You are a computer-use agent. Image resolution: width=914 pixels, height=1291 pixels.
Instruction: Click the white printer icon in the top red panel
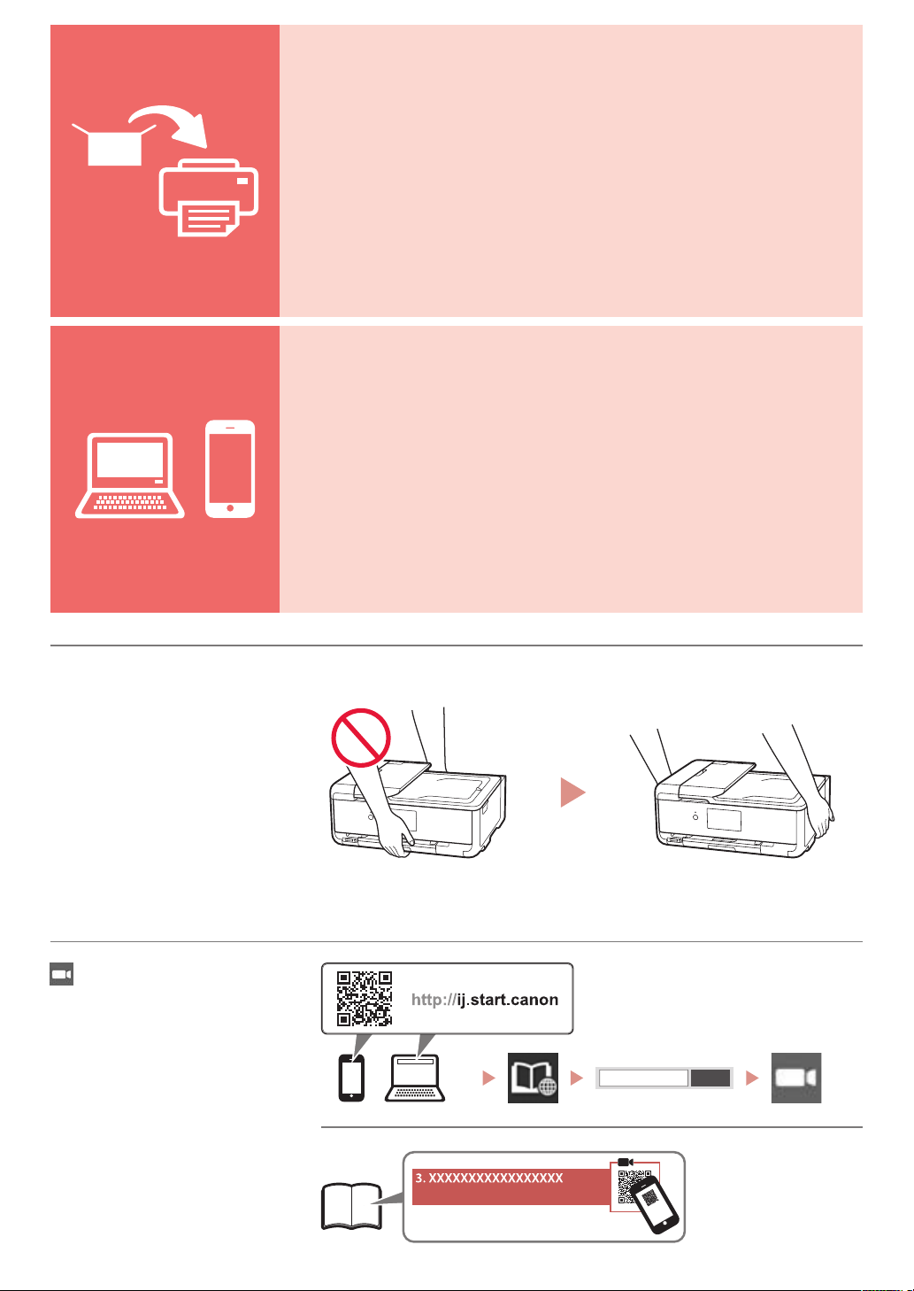tap(209, 197)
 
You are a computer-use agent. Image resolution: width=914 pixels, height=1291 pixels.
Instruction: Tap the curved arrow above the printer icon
tap(168, 125)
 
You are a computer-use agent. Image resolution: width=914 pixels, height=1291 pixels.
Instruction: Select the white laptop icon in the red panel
tap(129, 475)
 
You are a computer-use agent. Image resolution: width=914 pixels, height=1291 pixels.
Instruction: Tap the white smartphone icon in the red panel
tap(230, 468)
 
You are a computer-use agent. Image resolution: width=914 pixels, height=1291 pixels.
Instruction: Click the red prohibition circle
tap(361, 738)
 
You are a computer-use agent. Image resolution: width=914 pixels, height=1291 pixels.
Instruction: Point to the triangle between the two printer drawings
tap(572, 792)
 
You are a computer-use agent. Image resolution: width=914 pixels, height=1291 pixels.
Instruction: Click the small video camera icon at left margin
tap(62, 974)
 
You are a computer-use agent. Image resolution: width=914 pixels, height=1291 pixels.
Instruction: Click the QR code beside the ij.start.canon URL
tap(365, 999)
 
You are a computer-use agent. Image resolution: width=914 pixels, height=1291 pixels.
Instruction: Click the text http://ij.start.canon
tap(485, 1000)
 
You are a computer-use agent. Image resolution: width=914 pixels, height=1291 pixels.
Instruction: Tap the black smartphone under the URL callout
tap(351, 1078)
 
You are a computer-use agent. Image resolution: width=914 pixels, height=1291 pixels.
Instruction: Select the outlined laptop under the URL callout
tap(415, 1078)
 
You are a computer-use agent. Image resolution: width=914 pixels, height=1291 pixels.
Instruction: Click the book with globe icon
tap(533, 1078)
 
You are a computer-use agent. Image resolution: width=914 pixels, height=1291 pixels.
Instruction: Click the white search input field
tap(643, 1078)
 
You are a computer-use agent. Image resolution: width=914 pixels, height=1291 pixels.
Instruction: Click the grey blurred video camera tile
tap(796, 1078)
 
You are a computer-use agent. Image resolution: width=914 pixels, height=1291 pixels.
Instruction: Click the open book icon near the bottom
tap(351, 1206)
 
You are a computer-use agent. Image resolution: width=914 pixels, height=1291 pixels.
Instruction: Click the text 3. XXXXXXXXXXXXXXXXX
tap(489, 1178)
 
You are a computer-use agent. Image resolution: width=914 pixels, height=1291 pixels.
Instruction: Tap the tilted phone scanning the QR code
tap(654, 1204)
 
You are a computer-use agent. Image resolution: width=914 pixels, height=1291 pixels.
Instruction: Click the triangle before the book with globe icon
tap(488, 1078)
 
